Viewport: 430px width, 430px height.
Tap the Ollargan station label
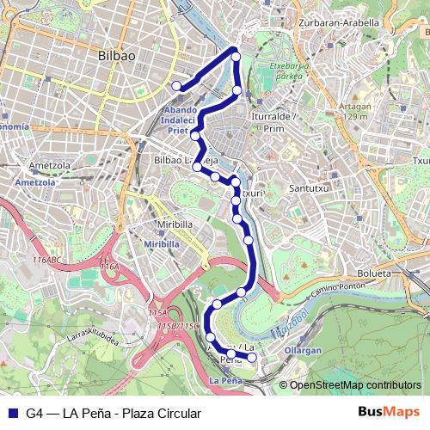click(303, 351)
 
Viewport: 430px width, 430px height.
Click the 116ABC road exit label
click(49, 259)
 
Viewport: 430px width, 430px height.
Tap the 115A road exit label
click(158, 312)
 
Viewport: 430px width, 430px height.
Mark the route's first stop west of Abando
click(176, 85)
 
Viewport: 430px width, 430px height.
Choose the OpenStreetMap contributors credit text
click(355, 384)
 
